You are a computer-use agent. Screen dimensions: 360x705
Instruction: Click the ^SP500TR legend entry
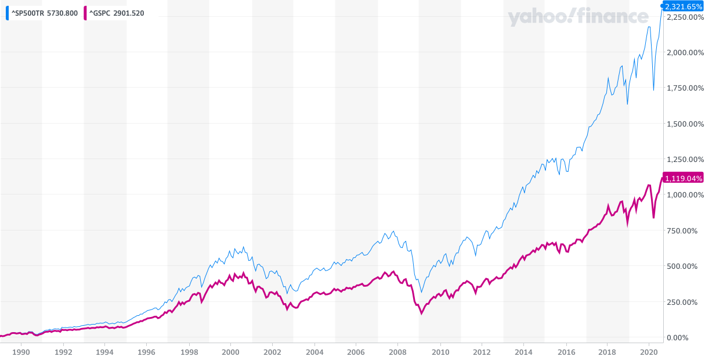(x=44, y=13)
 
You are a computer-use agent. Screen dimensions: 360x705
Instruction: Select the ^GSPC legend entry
(x=116, y=13)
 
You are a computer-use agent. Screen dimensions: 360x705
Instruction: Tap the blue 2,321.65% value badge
(x=684, y=6)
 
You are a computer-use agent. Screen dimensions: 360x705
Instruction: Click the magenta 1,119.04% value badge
(x=684, y=178)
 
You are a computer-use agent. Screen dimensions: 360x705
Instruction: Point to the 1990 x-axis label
(x=21, y=352)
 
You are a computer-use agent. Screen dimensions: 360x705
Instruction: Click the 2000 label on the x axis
(x=230, y=352)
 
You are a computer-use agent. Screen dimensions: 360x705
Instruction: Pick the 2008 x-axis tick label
(x=399, y=352)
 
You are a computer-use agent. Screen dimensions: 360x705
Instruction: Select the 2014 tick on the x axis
(x=524, y=352)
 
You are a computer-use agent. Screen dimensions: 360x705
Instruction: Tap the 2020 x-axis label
(x=650, y=352)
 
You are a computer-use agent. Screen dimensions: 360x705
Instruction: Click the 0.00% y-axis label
(x=685, y=337)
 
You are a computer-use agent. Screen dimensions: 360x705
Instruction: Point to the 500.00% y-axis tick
(x=685, y=266)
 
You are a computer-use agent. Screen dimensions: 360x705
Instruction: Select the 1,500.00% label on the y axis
(x=685, y=124)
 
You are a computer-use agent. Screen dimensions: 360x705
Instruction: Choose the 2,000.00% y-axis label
(x=685, y=52)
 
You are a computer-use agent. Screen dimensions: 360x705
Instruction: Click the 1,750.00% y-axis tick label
(x=685, y=88)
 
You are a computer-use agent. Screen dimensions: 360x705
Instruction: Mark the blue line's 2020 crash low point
(x=654, y=90)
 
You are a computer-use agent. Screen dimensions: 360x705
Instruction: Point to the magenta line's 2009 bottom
(x=421, y=314)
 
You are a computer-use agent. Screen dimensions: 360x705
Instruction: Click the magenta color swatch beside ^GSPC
(x=85, y=13)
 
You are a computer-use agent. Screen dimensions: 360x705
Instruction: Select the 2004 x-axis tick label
(x=314, y=352)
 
